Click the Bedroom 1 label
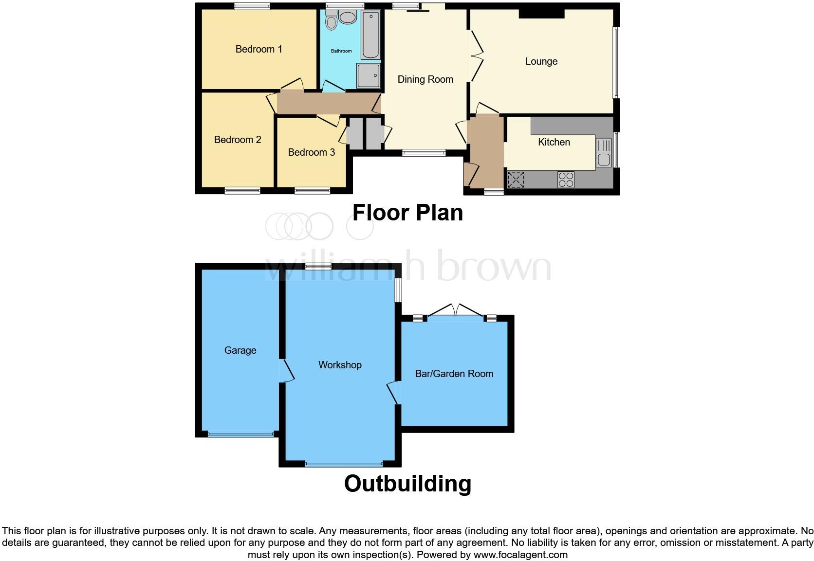[259, 49]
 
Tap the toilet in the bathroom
[332, 21]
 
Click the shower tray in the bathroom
[369, 75]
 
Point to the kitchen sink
[603, 153]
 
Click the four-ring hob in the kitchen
[566, 180]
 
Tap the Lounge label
[541, 62]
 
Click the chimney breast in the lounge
[541, 14]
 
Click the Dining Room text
[425, 79]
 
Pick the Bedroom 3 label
[311, 152]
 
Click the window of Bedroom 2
[242, 191]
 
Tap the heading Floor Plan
[407, 213]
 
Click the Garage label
[240, 350]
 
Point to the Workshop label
[340, 365]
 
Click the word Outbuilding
[407, 484]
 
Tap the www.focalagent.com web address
[520, 555]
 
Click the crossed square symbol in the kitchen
[516, 180]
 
